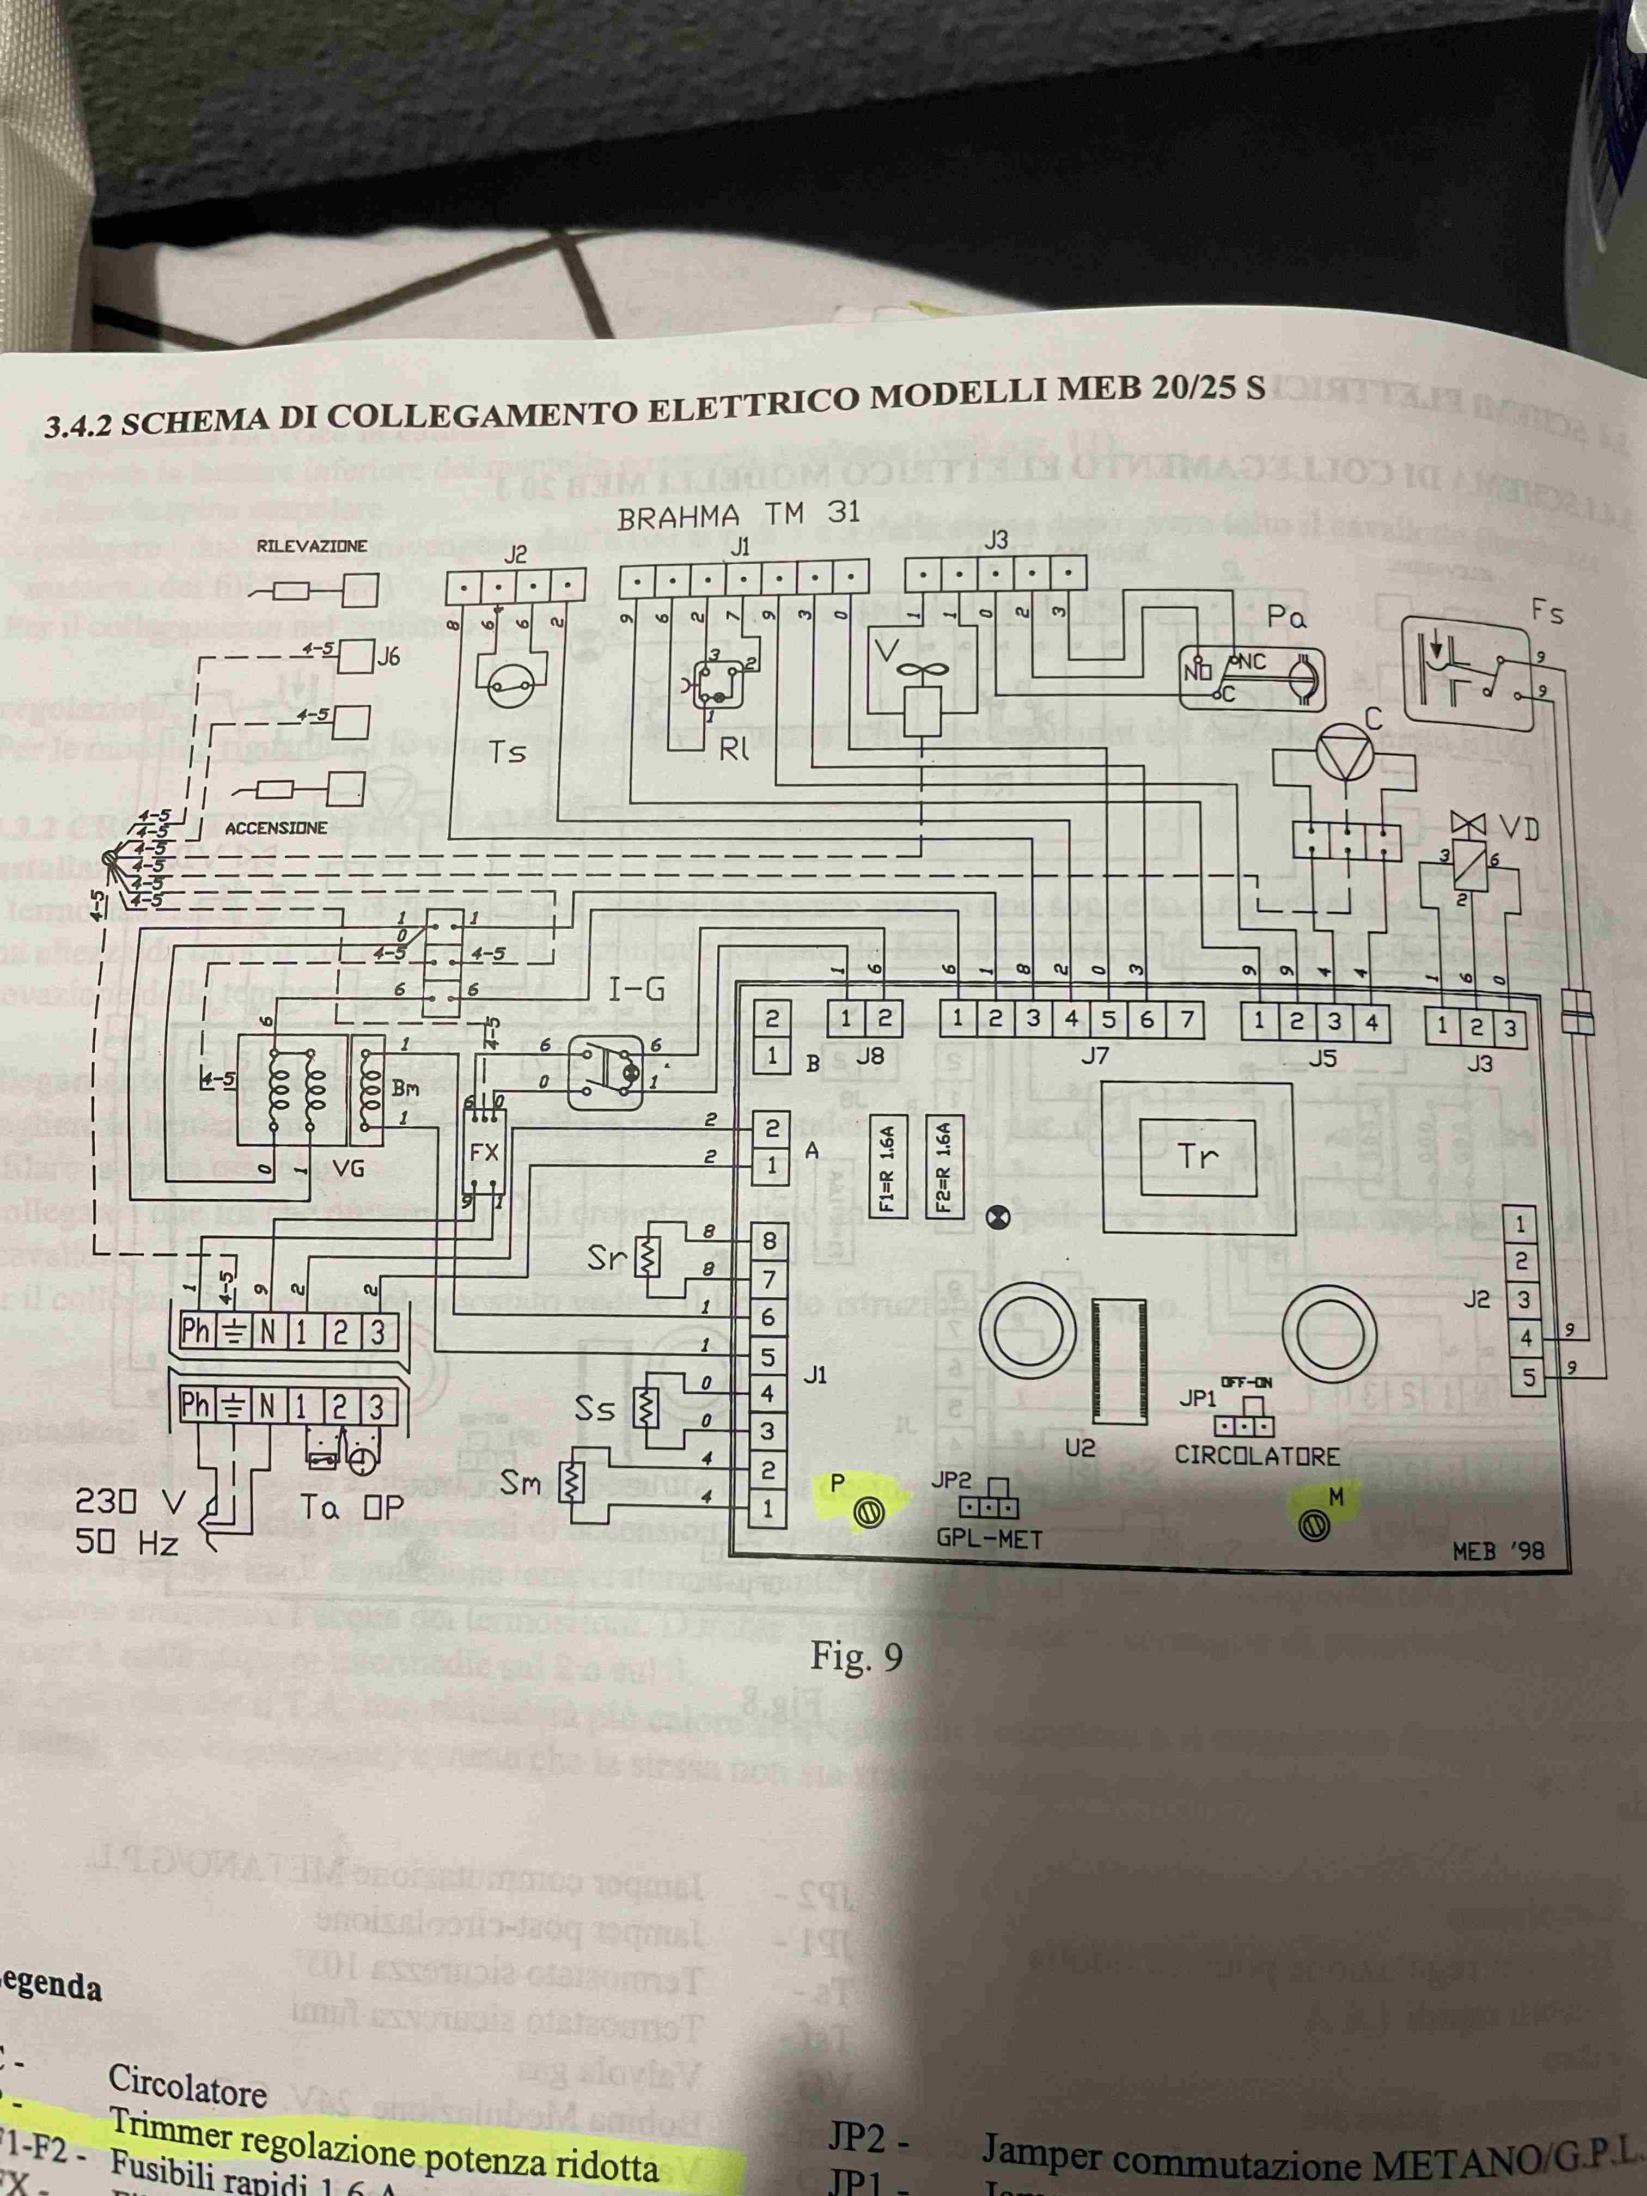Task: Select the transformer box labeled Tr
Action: tap(1197, 1157)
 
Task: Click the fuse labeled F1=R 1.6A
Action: tap(888, 1168)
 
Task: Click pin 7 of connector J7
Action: tap(1185, 1018)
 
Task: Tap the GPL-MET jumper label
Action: tap(989, 1540)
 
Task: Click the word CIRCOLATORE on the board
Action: tap(1257, 1456)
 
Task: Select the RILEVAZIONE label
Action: tap(312, 546)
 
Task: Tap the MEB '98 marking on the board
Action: tap(1498, 1551)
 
